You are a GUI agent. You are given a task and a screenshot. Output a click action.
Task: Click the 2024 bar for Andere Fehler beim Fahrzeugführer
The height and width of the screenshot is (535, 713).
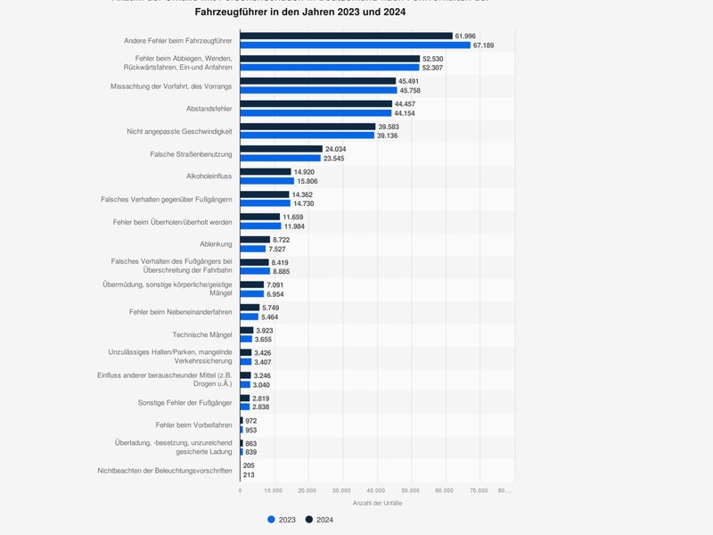pyautogui.click(x=346, y=36)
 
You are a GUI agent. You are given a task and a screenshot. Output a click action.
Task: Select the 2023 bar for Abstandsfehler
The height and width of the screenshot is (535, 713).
pyautogui.click(x=316, y=112)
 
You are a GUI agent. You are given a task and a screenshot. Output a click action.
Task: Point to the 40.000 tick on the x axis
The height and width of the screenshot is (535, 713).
pyautogui.click(x=376, y=490)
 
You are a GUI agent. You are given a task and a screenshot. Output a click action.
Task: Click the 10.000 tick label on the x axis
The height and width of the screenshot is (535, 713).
pyautogui.click(x=274, y=490)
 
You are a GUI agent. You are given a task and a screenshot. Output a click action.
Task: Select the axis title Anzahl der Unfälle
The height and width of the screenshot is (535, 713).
pyautogui.click(x=377, y=505)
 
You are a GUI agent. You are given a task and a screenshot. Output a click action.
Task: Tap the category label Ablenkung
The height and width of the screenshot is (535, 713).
pyautogui.click(x=216, y=244)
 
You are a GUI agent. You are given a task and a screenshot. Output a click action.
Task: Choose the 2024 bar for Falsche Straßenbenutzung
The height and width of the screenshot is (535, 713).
pyautogui.click(x=281, y=149)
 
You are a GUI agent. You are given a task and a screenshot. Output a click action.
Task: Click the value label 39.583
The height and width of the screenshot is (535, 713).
pyautogui.click(x=388, y=127)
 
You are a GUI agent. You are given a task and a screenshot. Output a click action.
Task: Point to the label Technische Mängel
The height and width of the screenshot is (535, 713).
pyautogui.click(x=202, y=334)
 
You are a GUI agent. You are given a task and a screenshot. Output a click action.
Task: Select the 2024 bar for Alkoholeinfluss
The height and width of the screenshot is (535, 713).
pyautogui.click(x=266, y=171)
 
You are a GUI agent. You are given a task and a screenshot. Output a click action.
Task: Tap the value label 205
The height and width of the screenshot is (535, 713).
pyautogui.click(x=250, y=465)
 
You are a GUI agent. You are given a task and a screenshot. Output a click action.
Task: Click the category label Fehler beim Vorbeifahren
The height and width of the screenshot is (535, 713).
pyautogui.click(x=193, y=425)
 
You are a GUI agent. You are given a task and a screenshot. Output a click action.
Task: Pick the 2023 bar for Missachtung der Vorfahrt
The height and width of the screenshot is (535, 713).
pyautogui.click(x=318, y=90)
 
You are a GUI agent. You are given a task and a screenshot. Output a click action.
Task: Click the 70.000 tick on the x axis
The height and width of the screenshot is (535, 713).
pyautogui.click(x=479, y=490)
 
